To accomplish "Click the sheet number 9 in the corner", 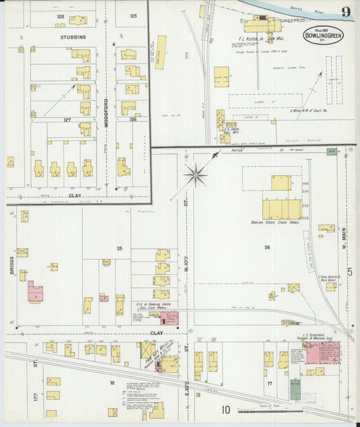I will coord(345,11).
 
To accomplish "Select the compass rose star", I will coord(197,174).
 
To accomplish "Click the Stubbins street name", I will coord(73,38).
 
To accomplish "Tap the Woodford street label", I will coord(106,105).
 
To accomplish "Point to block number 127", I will coord(68,120).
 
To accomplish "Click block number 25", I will coord(119,249).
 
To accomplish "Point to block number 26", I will coord(267,247).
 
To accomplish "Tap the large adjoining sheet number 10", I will coord(225,409).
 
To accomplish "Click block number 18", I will coord(111,382).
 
